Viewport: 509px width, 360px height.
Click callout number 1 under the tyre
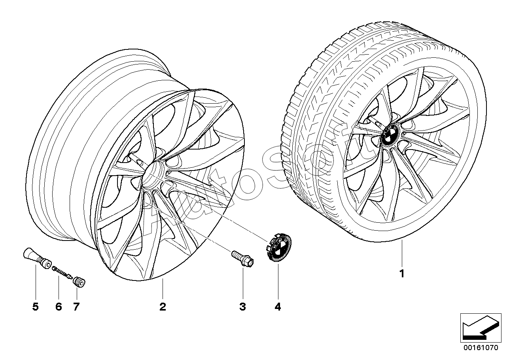[402, 273]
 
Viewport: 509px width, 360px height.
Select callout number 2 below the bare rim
[163, 307]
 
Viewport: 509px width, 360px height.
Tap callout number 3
[242, 307]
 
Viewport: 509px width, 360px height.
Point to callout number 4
[278, 307]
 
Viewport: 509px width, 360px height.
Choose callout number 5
[36, 307]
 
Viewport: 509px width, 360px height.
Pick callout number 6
[59, 307]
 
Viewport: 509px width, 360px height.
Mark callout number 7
[76, 307]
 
